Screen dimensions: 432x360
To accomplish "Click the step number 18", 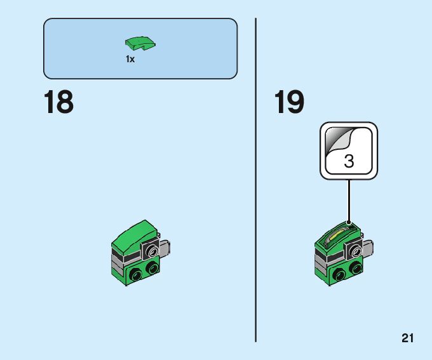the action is (58, 103).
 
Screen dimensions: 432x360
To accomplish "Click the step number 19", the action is (289, 103).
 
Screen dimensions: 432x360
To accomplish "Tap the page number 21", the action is (407, 338).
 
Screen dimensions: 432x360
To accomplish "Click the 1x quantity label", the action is (130, 59).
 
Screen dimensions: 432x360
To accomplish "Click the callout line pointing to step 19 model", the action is (349, 200).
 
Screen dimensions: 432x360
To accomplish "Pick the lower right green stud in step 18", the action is (152, 269).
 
